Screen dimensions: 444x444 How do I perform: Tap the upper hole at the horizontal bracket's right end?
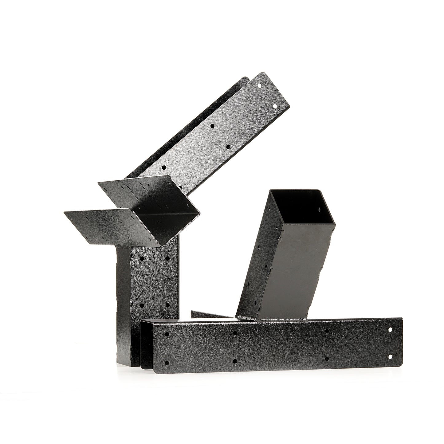tap(390, 329)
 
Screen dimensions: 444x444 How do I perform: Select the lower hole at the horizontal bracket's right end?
tap(390, 357)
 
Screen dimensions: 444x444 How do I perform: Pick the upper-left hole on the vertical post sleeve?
tap(142, 258)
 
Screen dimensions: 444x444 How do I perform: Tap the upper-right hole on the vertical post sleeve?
tap(167, 258)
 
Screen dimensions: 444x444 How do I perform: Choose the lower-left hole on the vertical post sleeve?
tap(142, 305)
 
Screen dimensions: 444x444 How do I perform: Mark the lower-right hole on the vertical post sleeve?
tap(167, 305)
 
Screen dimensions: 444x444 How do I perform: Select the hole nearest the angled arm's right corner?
tap(275, 106)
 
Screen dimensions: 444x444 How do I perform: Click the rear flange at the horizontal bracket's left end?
tap(146, 344)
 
